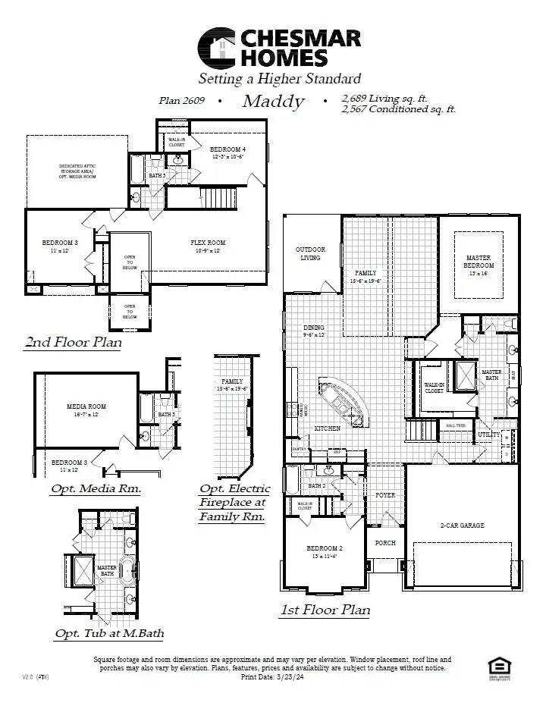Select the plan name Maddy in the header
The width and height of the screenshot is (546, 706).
point(273,102)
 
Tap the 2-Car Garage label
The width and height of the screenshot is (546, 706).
point(462,525)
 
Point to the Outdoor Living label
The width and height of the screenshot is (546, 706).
point(310,253)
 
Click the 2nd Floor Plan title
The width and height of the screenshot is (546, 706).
point(73,343)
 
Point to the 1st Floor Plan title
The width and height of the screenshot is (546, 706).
point(325,610)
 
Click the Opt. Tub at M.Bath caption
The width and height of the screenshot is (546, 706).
point(109,633)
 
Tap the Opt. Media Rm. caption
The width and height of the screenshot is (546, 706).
point(96,488)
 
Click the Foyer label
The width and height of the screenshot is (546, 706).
point(386,494)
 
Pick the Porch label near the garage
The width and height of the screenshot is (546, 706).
point(386,543)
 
